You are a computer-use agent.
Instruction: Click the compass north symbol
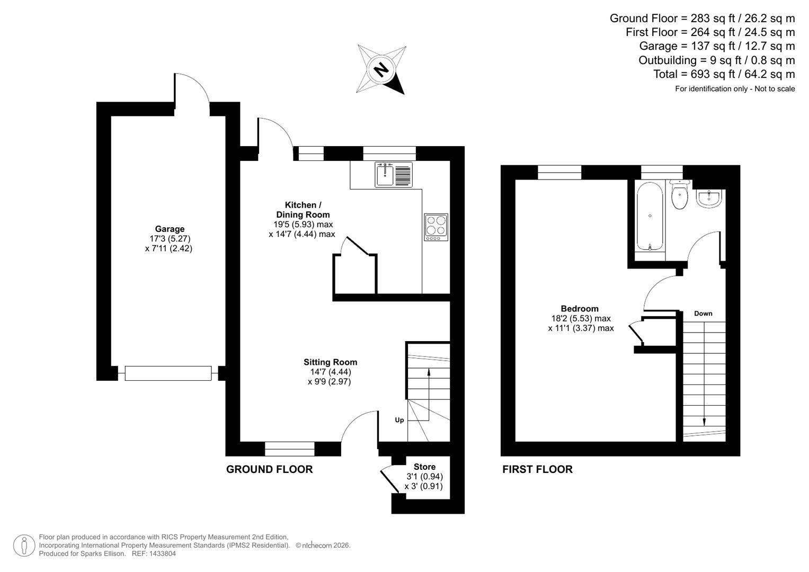click(x=381, y=69)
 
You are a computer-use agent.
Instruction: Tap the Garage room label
click(x=170, y=229)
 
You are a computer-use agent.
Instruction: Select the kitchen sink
click(x=394, y=174)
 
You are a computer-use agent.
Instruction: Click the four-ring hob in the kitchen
click(x=436, y=227)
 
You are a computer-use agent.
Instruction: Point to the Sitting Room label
click(x=330, y=362)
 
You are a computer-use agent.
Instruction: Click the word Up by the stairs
click(x=399, y=420)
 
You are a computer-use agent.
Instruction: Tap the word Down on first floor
click(x=703, y=314)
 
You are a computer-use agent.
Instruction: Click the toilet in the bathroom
click(x=679, y=196)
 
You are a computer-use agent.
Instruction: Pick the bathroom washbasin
click(x=708, y=199)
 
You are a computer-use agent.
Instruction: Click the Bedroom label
click(x=580, y=309)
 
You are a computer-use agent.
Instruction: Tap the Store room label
click(x=424, y=467)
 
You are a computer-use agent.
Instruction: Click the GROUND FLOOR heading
click(x=269, y=469)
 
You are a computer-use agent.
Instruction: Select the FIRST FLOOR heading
click(x=537, y=469)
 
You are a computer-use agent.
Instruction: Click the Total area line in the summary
click(x=724, y=74)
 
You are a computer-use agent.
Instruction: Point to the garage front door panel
click(x=168, y=373)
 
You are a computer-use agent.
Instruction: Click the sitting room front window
click(x=289, y=449)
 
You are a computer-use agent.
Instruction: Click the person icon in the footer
click(x=24, y=546)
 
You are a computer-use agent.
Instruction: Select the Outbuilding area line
click(x=716, y=60)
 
